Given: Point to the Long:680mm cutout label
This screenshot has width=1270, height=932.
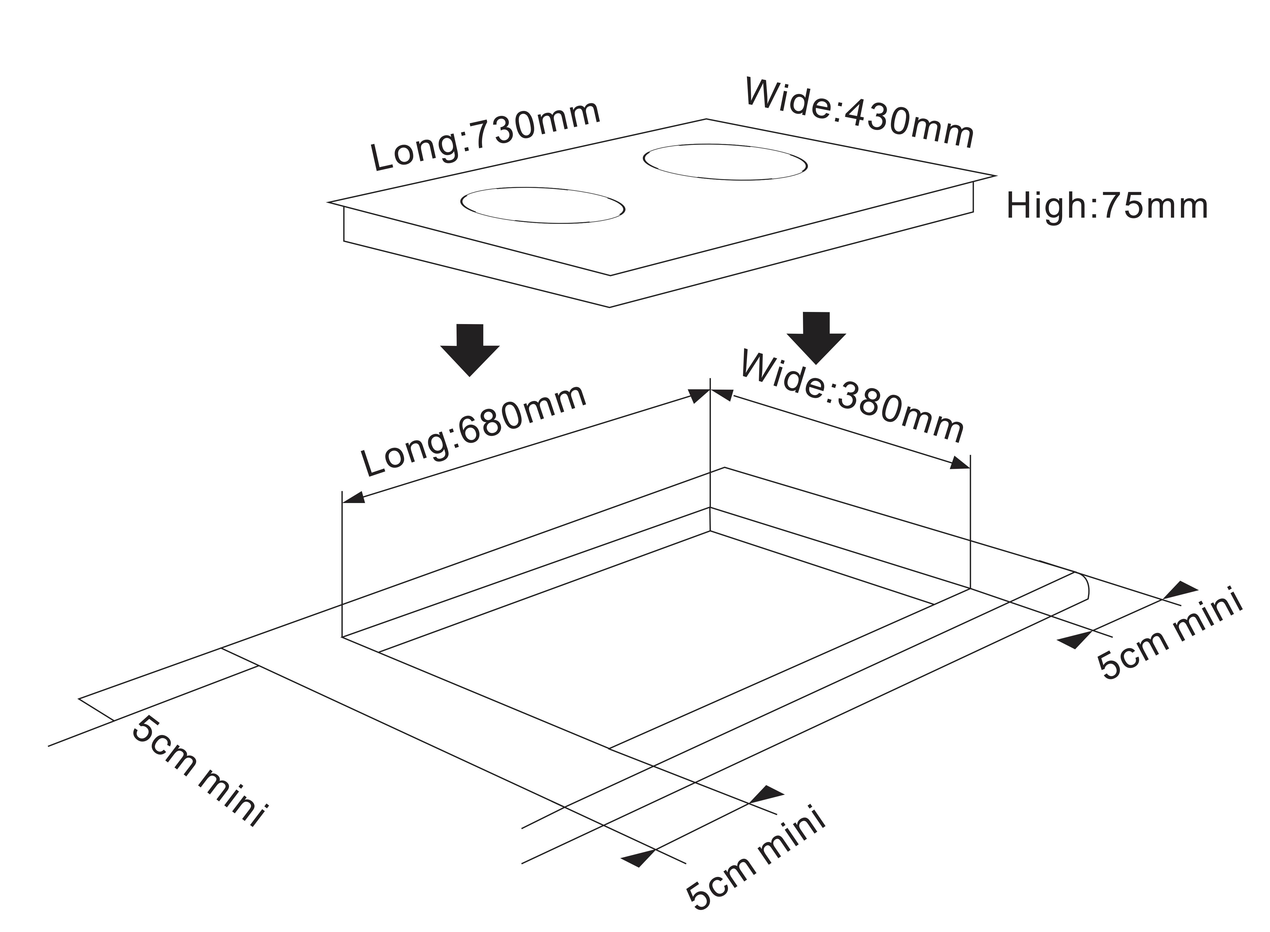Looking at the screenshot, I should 473,431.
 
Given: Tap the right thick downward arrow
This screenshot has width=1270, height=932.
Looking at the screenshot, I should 816,337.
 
